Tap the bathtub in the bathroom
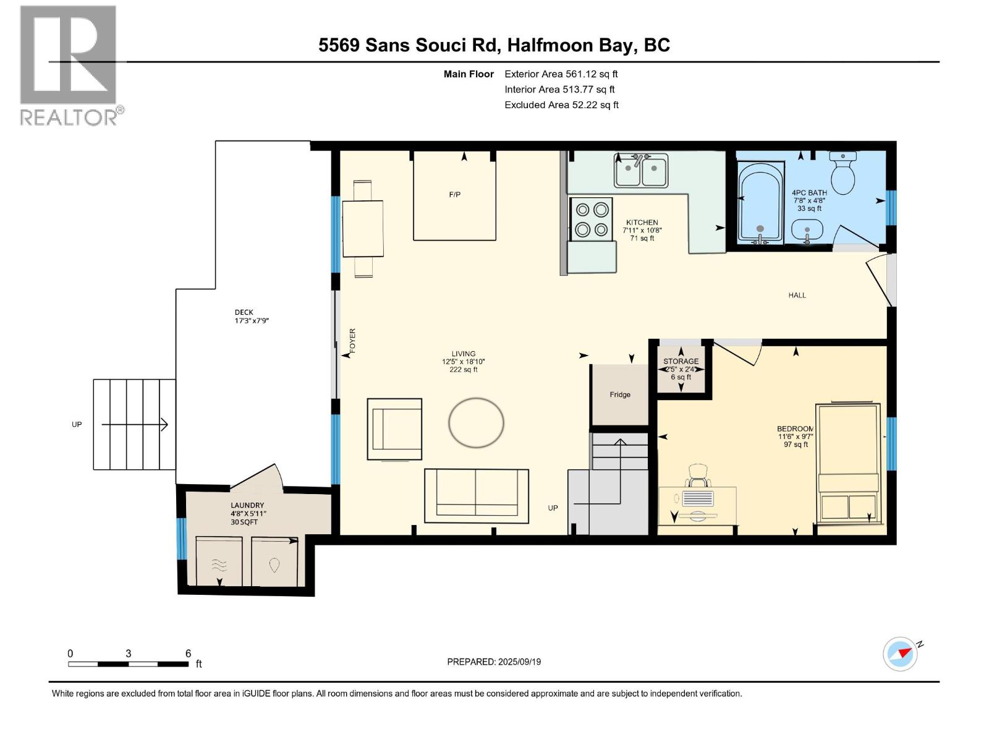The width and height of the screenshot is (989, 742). click(x=762, y=201)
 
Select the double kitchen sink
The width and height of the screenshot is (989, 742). click(x=641, y=169)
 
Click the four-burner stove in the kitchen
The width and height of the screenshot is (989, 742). click(x=591, y=220)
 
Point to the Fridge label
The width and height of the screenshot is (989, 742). click(x=620, y=394)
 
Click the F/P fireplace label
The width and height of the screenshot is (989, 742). click(x=454, y=195)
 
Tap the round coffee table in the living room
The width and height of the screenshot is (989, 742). click(x=476, y=423)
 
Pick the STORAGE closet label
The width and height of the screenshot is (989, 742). click(x=681, y=361)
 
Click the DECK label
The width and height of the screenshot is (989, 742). click(x=244, y=312)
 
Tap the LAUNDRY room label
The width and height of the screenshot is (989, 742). click(x=247, y=505)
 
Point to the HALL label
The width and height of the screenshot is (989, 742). click(x=797, y=295)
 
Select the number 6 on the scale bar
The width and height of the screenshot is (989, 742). click(x=188, y=653)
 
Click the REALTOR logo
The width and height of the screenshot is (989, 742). click(x=69, y=65)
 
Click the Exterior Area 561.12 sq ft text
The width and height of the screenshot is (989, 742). click(x=561, y=74)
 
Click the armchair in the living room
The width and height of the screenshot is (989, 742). click(x=395, y=429)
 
